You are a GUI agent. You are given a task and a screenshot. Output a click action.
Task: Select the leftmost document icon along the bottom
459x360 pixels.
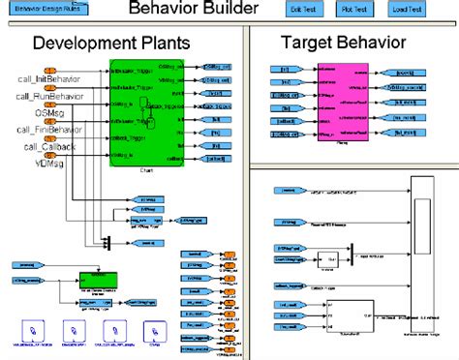point(33,331)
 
